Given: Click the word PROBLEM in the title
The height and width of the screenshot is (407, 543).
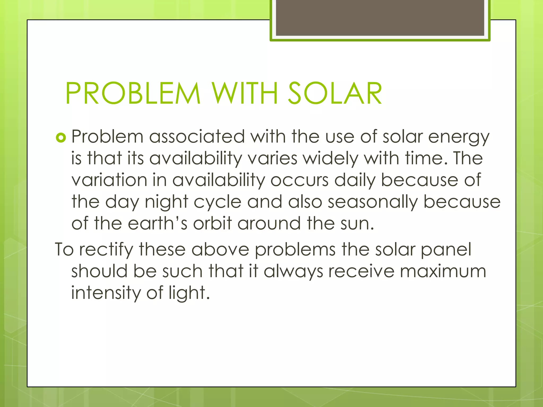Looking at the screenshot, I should click(x=133, y=93).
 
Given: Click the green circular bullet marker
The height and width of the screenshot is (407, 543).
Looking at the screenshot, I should click(x=61, y=138).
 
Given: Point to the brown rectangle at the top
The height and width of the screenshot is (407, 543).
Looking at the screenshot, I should click(x=380, y=18).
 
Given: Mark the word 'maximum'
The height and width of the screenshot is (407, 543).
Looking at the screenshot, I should click(x=443, y=272).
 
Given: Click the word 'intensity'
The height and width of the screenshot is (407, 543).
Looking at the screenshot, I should click(x=106, y=293).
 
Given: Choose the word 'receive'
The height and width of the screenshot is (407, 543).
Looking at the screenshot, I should click(x=361, y=272).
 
